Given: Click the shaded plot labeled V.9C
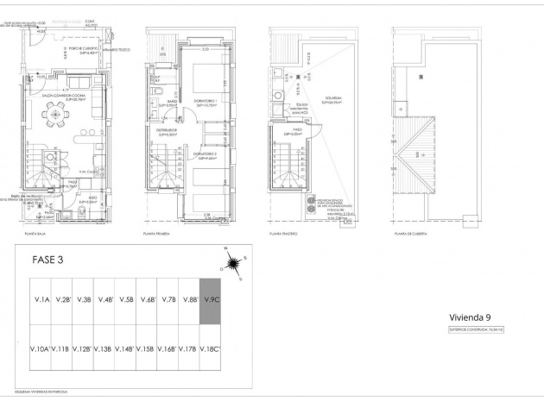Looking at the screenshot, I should [x=211, y=301].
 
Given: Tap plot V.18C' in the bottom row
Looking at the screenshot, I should [x=211, y=349].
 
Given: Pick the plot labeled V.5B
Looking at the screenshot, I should [x=126, y=301].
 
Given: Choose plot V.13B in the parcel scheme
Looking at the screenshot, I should [x=104, y=349].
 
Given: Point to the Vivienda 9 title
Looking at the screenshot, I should [x=471, y=316].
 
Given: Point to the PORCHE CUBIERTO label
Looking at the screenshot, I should [x=71, y=49].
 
